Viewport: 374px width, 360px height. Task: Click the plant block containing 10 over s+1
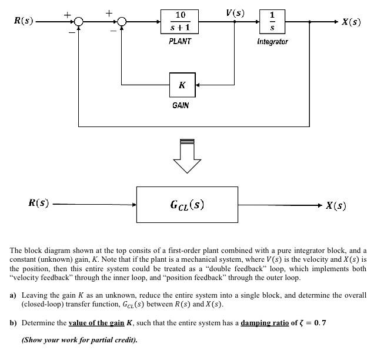click(x=180, y=22)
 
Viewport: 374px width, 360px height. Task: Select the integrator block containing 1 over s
click(x=272, y=22)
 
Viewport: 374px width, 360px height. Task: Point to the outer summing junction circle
click(x=79, y=22)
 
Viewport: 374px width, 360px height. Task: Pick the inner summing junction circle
click(x=122, y=22)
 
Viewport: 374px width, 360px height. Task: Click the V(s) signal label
click(x=235, y=12)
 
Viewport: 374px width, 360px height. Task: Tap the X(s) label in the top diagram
click(x=351, y=22)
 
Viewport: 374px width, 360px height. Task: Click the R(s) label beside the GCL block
click(x=39, y=204)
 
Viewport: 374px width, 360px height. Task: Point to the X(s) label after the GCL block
click(x=336, y=205)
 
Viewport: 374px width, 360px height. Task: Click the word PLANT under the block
click(x=180, y=42)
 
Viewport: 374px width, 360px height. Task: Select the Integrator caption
click(x=272, y=42)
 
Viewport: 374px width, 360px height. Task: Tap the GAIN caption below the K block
click(x=181, y=105)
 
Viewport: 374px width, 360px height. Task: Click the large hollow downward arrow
click(x=187, y=156)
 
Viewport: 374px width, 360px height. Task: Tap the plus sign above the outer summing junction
click(x=68, y=12)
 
